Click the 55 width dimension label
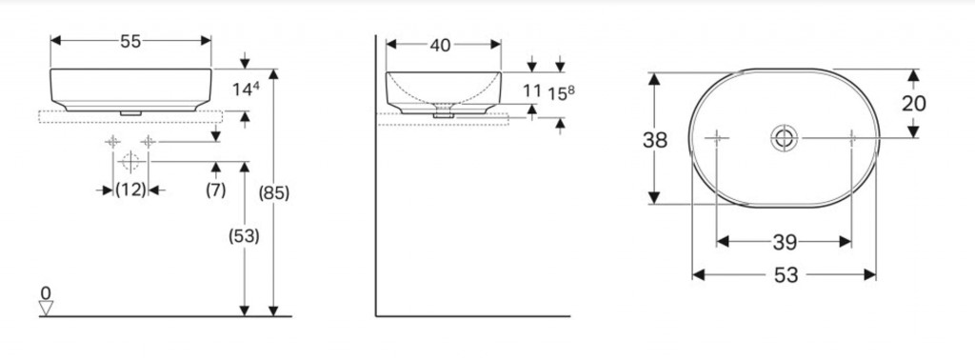tap(130, 41)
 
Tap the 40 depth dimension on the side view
tap(440, 46)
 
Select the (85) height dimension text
tap(274, 194)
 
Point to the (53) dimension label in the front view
tap(244, 236)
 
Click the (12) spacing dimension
tap(130, 190)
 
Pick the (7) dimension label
tap(216, 190)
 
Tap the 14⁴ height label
tap(247, 89)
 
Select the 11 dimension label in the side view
tap(532, 91)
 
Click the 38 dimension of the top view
tap(655, 141)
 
